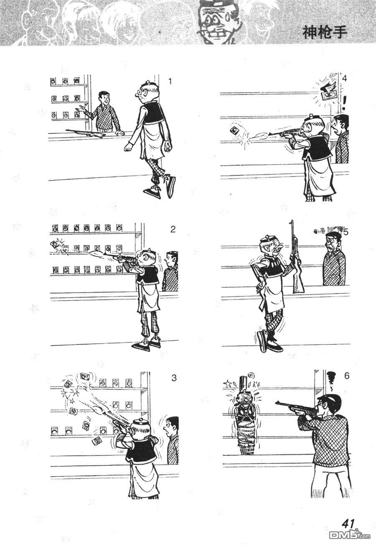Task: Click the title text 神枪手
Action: [325, 32]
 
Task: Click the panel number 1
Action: [170, 81]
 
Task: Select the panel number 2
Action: [173, 229]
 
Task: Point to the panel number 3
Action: [174, 378]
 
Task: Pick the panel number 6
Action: [347, 376]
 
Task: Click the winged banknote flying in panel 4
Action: [327, 93]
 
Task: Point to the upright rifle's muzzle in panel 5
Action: [292, 222]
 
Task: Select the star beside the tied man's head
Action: [227, 384]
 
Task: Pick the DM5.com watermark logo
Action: [350, 535]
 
